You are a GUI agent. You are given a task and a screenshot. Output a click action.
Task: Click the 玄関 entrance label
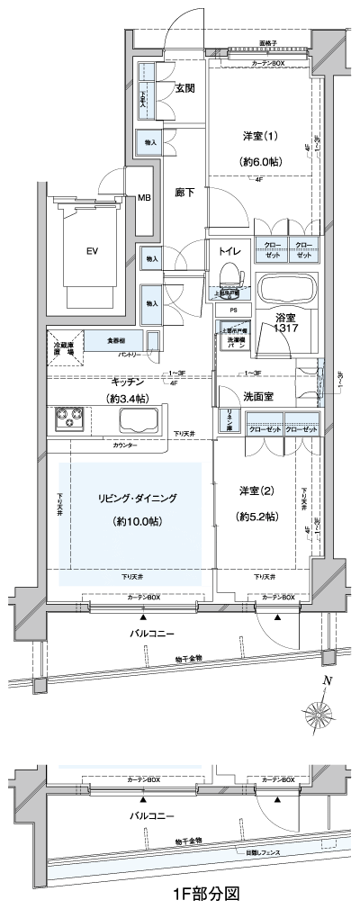click(x=185, y=87)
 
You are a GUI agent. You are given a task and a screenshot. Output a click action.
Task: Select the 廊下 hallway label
click(x=185, y=192)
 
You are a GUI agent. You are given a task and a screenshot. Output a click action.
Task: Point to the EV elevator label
click(x=92, y=251)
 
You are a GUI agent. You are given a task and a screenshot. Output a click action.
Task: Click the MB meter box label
click(x=144, y=199)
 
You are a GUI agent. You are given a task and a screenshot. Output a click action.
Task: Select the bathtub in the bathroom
click(x=287, y=291)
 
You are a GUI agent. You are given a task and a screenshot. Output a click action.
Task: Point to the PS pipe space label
click(x=232, y=310)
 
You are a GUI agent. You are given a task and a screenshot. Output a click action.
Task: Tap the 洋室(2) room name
click(x=258, y=490)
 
